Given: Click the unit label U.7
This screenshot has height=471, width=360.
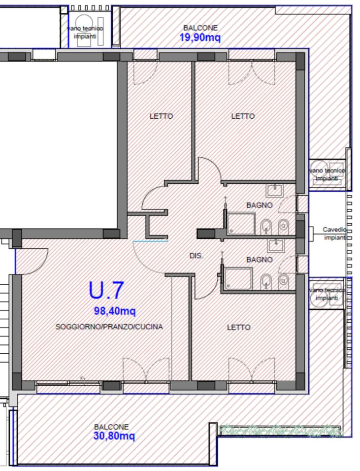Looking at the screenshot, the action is click(x=106, y=290).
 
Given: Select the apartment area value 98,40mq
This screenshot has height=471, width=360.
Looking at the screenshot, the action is click(x=115, y=311).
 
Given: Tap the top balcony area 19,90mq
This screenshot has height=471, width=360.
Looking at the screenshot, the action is click(x=200, y=38).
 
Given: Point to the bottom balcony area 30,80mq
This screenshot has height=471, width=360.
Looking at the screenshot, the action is click(x=114, y=436).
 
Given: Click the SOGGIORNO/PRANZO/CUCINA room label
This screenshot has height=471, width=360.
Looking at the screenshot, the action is click(x=109, y=327).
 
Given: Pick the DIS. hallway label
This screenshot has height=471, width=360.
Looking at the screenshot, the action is click(x=196, y=256).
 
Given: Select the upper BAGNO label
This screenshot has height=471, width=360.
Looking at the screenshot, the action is click(x=260, y=205).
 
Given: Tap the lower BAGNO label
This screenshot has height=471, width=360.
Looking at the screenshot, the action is click(x=260, y=260).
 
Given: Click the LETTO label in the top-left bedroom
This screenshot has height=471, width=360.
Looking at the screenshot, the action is click(x=162, y=116).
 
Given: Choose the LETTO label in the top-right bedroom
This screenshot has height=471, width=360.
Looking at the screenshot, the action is click(x=243, y=116).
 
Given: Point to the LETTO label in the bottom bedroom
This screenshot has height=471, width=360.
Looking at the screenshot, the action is click(x=239, y=327).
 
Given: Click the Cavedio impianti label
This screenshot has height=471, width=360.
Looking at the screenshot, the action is click(x=334, y=234).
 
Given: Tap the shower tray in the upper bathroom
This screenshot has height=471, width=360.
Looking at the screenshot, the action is click(x=241, y=223).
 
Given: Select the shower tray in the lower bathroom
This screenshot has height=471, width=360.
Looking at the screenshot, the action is click(x=239, y=278).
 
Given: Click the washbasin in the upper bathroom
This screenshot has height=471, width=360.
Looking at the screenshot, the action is click(x=275, y=190).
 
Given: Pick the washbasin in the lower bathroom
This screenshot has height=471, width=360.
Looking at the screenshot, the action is click(x=276, y=246).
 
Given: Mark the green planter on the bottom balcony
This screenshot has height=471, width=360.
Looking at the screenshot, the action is click(x=281, y=430).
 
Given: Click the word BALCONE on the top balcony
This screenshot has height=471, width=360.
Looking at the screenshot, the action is click(x=200, y=28).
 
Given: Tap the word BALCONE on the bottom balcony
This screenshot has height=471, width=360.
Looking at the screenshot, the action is click(x=111, y=427).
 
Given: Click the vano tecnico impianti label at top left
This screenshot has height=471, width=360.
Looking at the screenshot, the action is click(x=85, y=32).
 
